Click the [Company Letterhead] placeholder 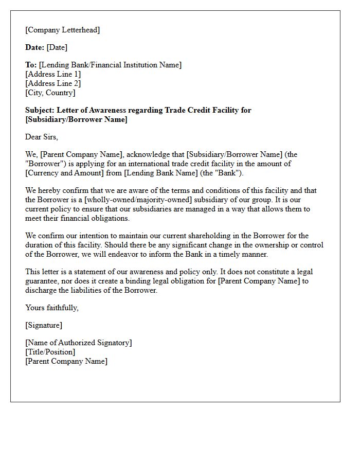[x=62, y=30]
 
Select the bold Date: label [x=34, y=47]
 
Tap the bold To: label [x=31, y=65]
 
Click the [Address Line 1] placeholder [x=53, y=74]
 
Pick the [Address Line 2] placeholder [x=53, y=83]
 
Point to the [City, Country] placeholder [x=50, y=93]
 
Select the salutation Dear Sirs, [x=42, y=137]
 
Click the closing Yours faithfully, [x=52, y=308]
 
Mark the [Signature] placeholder [x=44, y=325]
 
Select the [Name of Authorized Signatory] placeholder [x=79, y=343]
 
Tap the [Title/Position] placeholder [x=50, y=352]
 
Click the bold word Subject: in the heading [x=40, y=110]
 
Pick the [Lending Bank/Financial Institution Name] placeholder [x=110, y=65]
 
